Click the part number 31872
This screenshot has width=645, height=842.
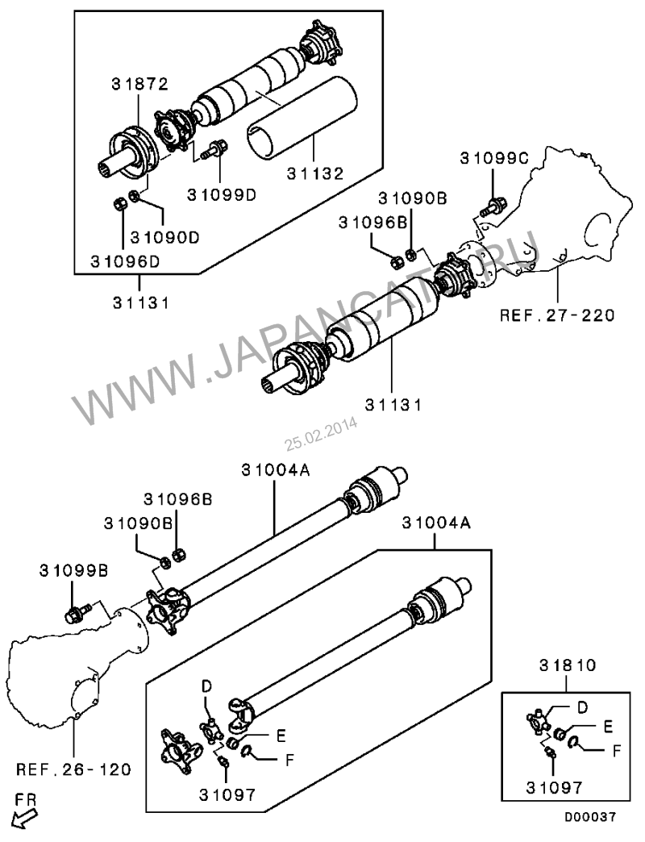(x=139, y=84)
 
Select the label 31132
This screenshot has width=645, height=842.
(x=315, y=173)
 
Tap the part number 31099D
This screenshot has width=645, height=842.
(x=222, y=194)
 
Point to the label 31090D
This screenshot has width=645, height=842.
(x=164, y=237)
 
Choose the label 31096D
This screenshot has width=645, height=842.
(x=125, y=261)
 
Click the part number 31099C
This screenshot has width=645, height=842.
(x=494, y=158)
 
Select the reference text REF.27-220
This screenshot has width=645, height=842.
(x=557, y=315)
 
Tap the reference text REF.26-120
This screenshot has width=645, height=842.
(x=73, y=769)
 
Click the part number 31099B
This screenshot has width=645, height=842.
(x=73, y=570)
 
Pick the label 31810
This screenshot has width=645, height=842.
(x=567, y=665)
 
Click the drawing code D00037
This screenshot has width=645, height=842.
(x=589, y=817)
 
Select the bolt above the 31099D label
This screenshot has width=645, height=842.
(x=214, y=149)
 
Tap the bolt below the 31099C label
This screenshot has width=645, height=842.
(x=493, y=206)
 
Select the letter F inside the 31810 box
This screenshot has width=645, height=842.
(x=617, y=750)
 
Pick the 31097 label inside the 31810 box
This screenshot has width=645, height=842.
(x=554, y=788)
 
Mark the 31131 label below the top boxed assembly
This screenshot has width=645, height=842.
(x=140, y=303)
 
